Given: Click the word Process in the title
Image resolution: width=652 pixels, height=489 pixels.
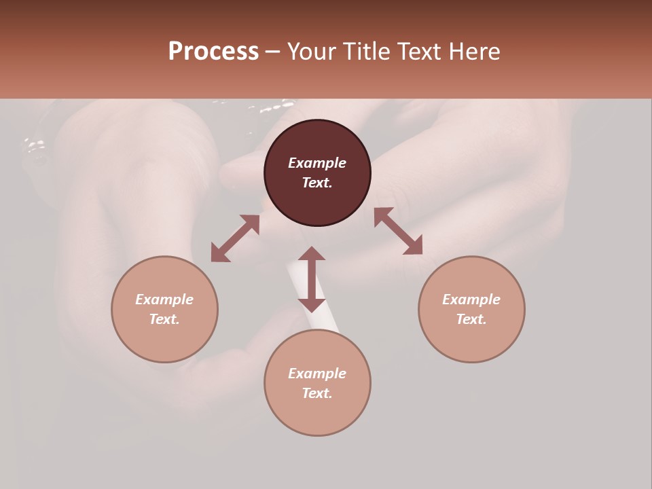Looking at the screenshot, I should (x=213, y=52).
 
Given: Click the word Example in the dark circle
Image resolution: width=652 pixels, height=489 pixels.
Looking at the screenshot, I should (x=317, y=163).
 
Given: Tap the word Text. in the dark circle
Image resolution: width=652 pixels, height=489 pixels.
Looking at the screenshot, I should (x=317, y=183).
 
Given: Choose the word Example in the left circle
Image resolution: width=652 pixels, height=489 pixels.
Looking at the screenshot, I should (x=164, y=300).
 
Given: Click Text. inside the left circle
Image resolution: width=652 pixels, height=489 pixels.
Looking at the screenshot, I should (x=164, y=319).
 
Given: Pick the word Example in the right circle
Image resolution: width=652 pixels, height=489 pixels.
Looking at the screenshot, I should (x=471, y=300).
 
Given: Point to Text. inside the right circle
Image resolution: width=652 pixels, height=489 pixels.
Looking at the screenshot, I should (x=471, y=319).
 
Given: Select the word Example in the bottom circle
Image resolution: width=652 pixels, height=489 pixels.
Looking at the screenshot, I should (x=317, y=374).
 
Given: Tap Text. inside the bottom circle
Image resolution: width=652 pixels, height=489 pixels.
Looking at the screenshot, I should (x=317, y=393).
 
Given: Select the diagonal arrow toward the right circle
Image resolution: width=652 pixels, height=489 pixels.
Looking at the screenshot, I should (x=399, y=231).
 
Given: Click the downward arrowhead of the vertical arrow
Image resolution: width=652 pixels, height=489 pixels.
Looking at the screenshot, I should (x=312, y=304).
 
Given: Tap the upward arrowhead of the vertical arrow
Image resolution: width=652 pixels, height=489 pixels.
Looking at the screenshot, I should (x=312, y=253).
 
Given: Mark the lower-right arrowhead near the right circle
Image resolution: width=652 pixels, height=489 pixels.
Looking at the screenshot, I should (x=414, y=247).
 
